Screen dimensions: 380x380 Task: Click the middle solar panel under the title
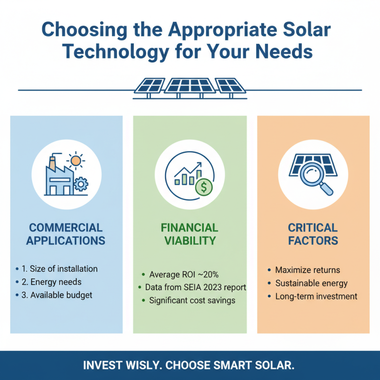[x=189, y=87]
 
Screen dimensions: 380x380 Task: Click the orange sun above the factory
[x=75, y=161]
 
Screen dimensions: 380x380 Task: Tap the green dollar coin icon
[x=204, y=187]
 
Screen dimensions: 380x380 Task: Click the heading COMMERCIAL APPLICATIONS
[x=66, y=234]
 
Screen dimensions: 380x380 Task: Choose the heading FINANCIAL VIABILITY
[x=190, y=234]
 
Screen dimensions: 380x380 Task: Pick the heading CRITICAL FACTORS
[x=313, y=234]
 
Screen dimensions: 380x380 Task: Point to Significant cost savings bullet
[x=192, y=301]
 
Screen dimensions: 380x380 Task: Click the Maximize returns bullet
[x=307, y=270]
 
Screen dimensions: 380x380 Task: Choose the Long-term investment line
[x=316, y=296]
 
